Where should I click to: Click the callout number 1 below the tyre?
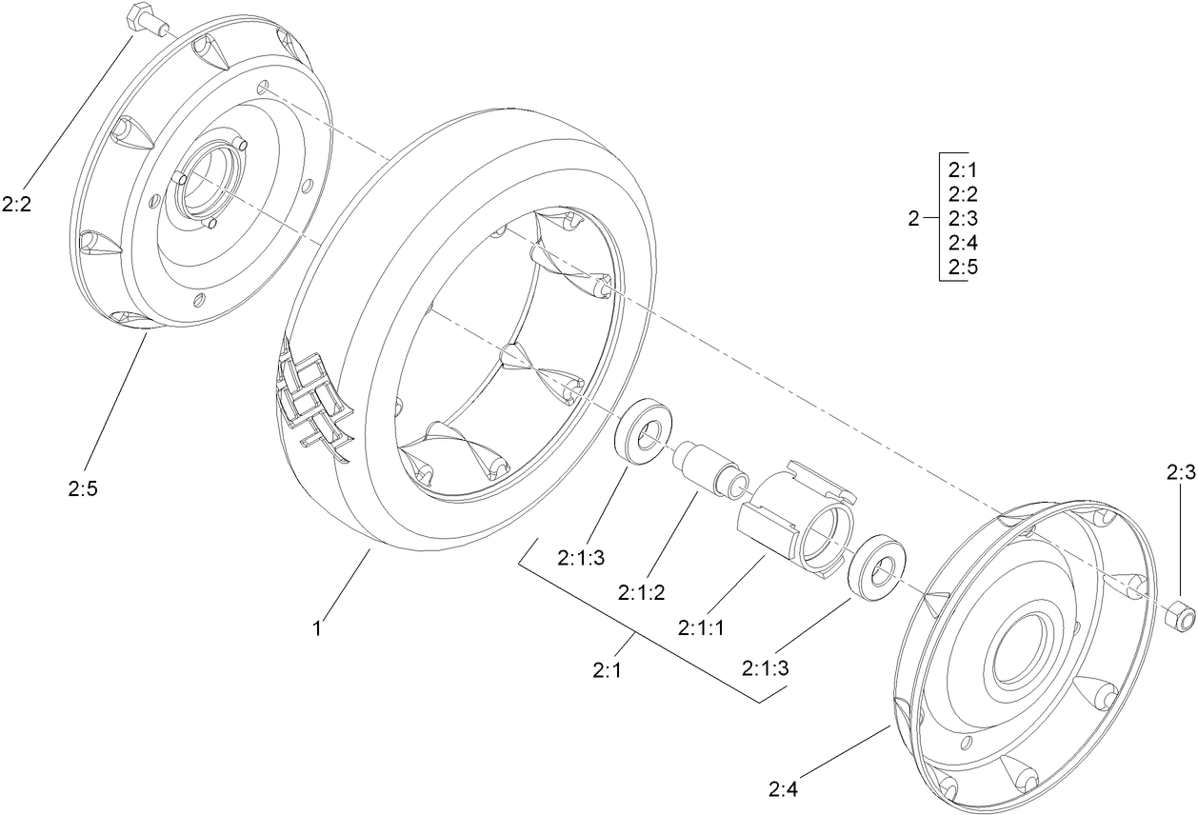pyautogui.click(x=320, y=628)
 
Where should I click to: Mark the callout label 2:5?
pyautogui.click(x=83, y=488)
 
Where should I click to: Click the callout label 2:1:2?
pyautogui.click(x=641, y=592)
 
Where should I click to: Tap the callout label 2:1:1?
pyautogui.click(x=702, y=628)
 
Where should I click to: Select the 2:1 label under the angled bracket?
pyautogui.click(x=607, y=671)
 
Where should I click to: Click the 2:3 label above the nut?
pyautogui.click(x=1180, y=471)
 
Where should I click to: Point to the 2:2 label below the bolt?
pyautogui.click(x=17, y=205)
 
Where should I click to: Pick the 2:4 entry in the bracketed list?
pyautogui.click(x=963, y=243)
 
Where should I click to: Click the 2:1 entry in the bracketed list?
pyautogui.click(x=963, y=171)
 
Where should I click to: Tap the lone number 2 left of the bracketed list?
pyautogui.click(x=913, y=219)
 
